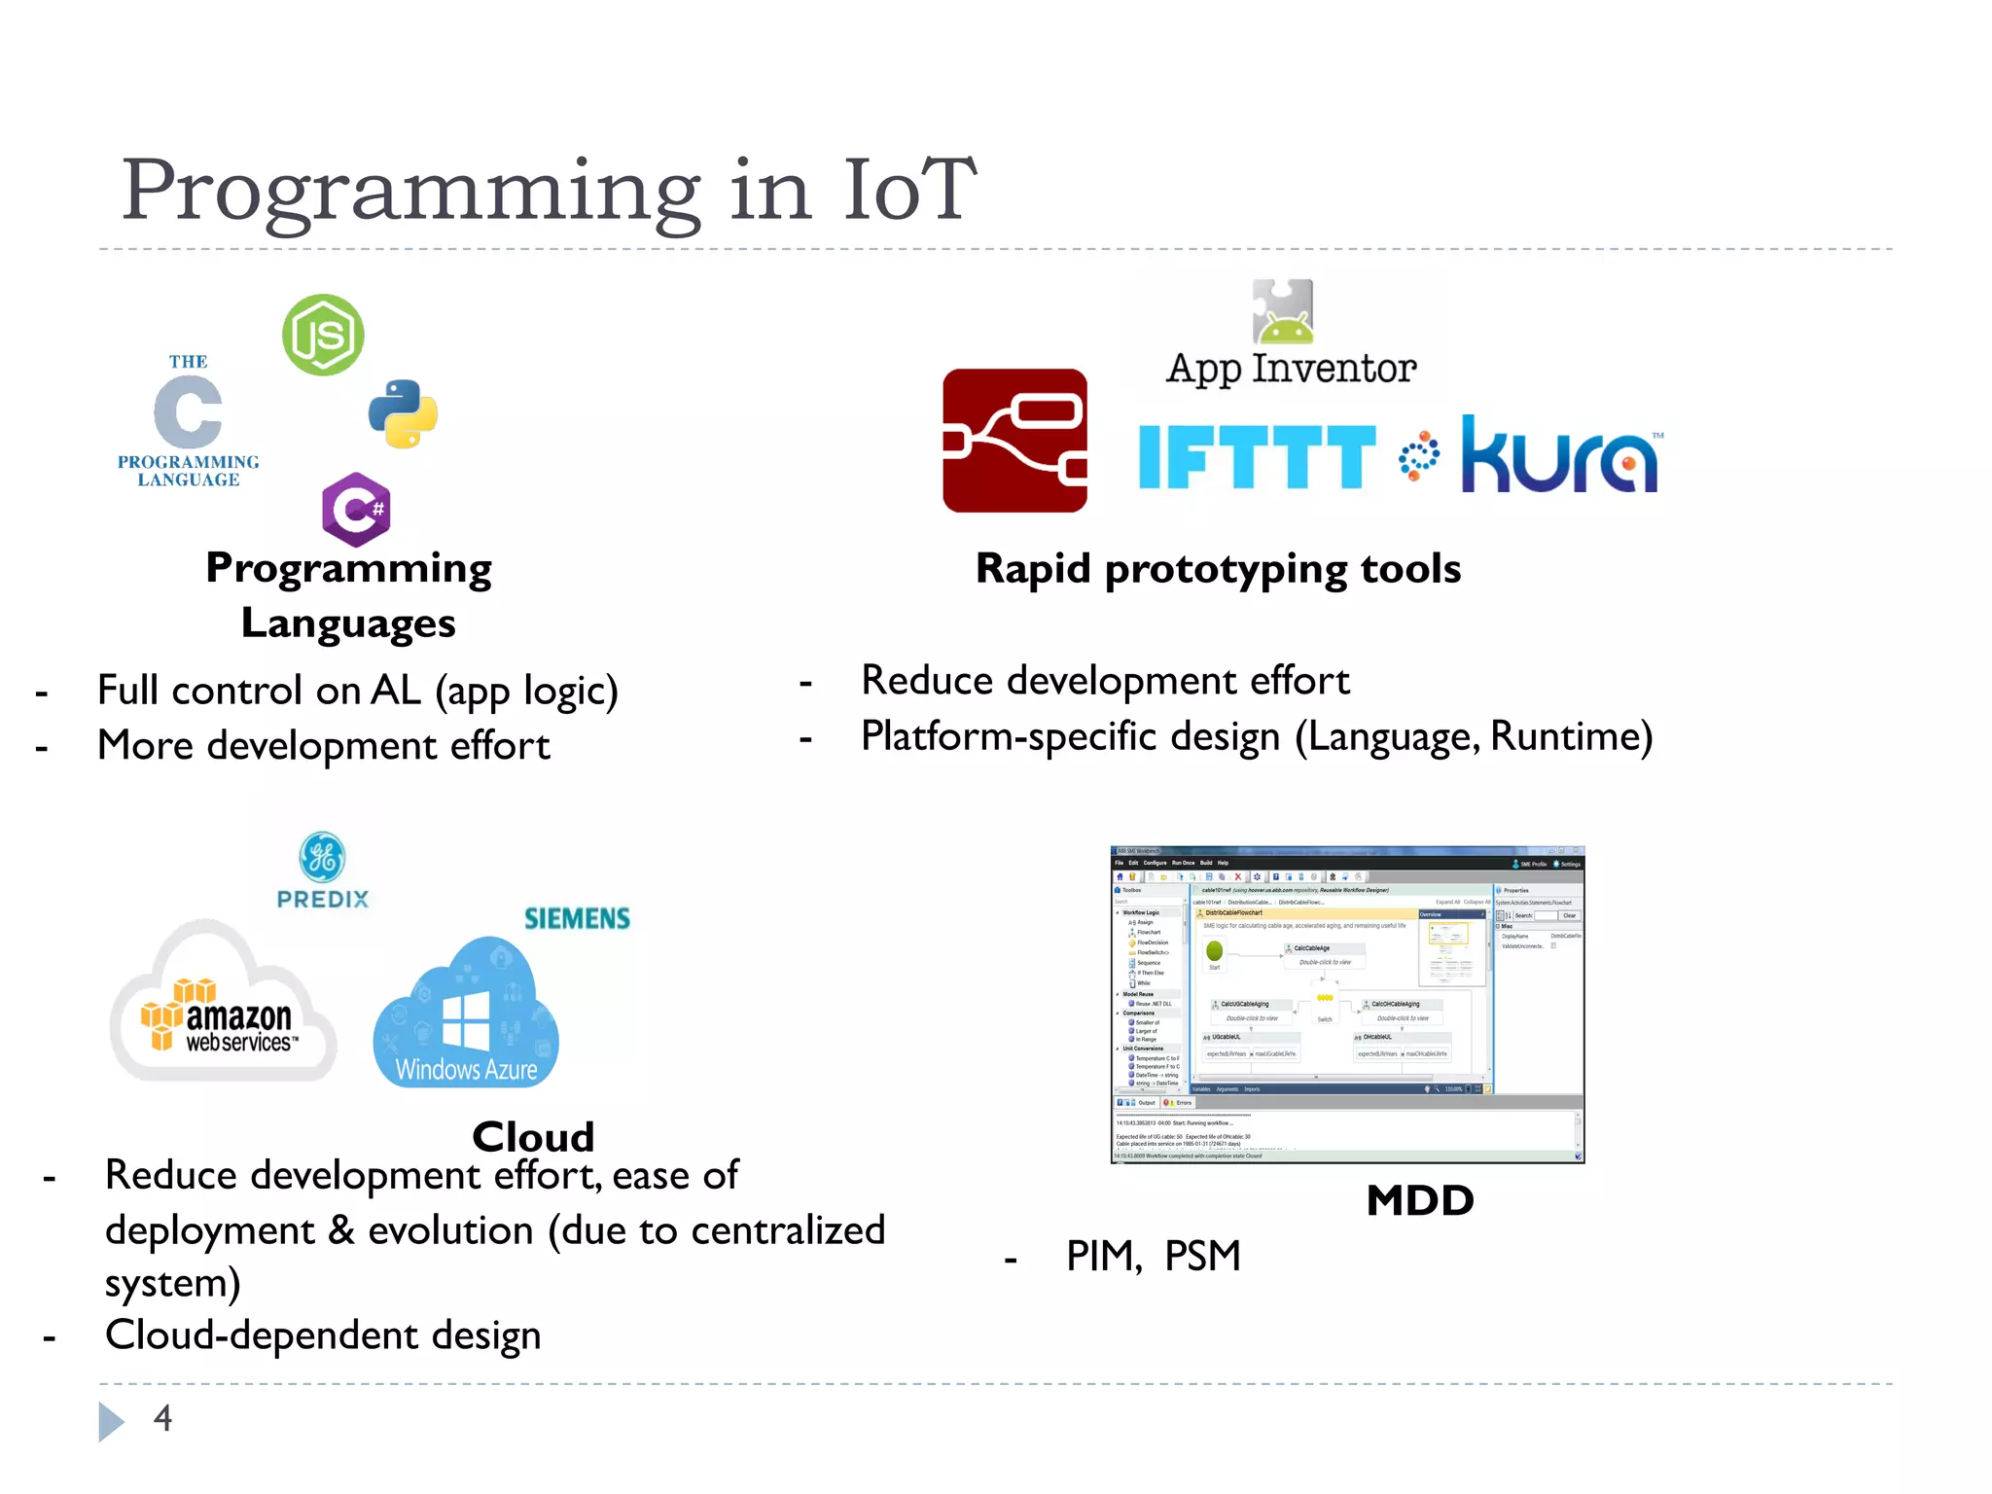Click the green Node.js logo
323,336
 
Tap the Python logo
403,414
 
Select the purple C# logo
356,509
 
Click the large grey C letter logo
188,412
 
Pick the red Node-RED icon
1014,441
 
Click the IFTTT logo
1256,456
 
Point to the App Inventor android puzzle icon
1283,312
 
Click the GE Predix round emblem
322,857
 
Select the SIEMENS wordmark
577,918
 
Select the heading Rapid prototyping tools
1218,569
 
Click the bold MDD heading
1419,1200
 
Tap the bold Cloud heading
533,1136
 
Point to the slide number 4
162,1418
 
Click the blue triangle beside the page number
110,1421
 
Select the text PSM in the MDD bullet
1202,1256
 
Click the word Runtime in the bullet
1570,736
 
